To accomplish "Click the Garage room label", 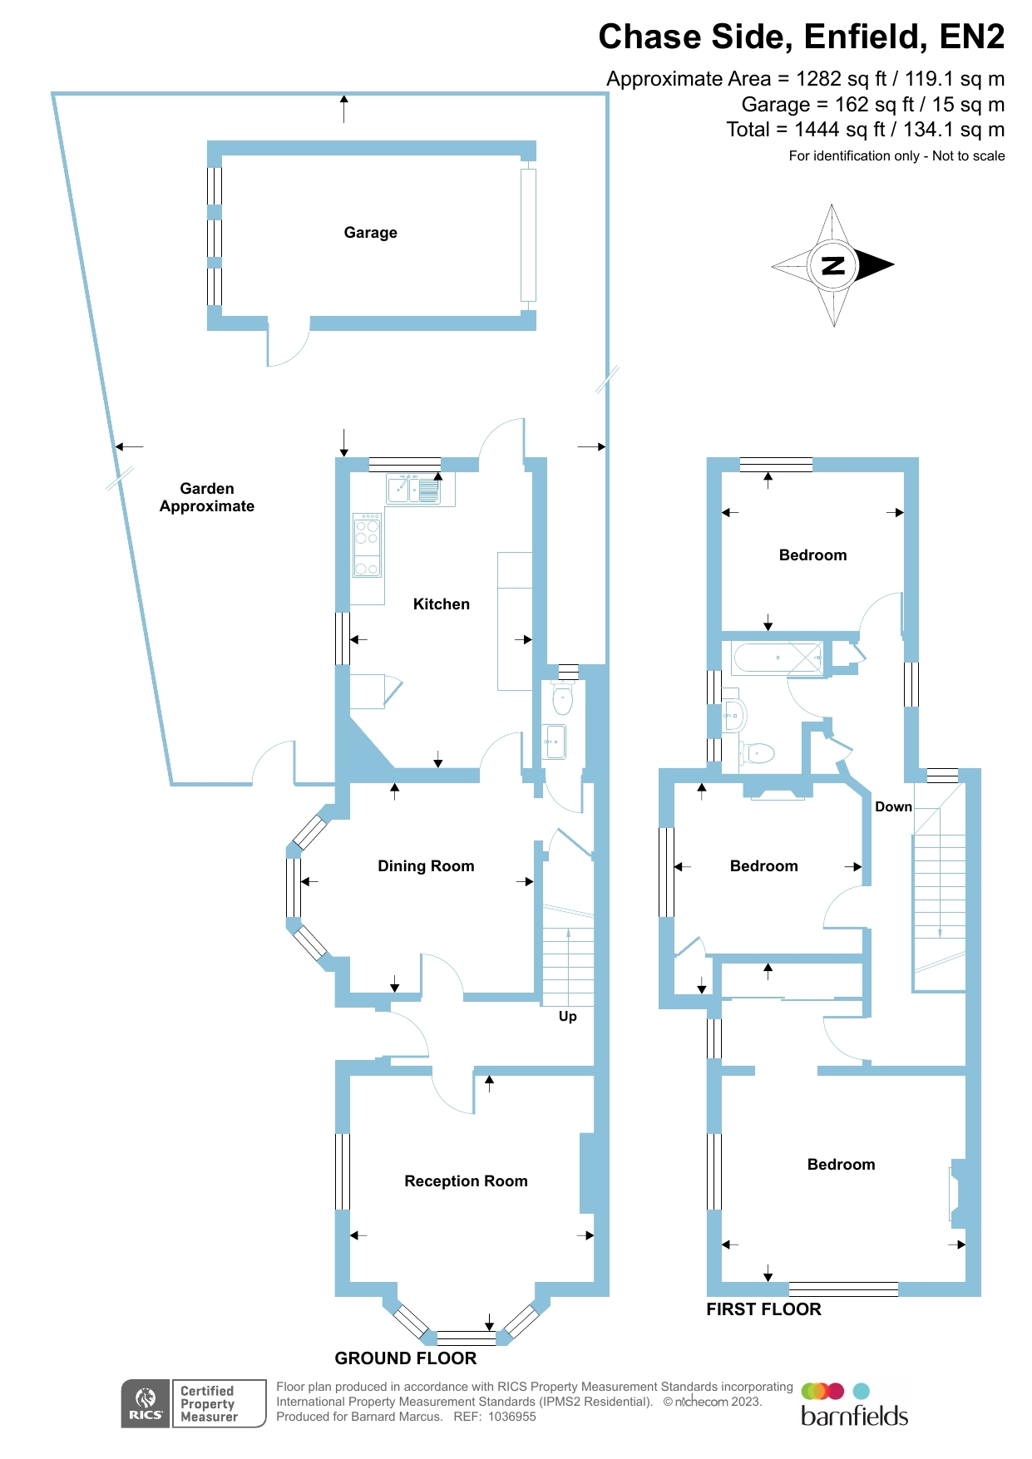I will (370, 233).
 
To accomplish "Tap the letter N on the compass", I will (832, 266).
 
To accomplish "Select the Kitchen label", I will (441, 604).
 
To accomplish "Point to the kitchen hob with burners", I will (367, 545).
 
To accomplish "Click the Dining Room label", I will (426, 866).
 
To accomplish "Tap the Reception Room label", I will (466, 1181).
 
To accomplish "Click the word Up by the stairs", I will (567, 1016).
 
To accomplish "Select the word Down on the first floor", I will (893, 806).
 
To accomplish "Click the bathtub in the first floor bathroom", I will (777, 658).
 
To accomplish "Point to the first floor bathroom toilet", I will (758, 753).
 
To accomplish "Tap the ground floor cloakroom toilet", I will (563, 698).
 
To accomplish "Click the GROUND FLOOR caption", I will (405, 1358).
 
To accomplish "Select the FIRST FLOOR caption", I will (763, 1309).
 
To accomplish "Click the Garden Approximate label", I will (207, 497).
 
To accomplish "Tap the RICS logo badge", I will (146, 1403).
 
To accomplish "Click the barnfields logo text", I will (854, 1416).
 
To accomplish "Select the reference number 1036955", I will (511, 1417).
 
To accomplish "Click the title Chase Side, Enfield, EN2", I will (801, 37).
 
